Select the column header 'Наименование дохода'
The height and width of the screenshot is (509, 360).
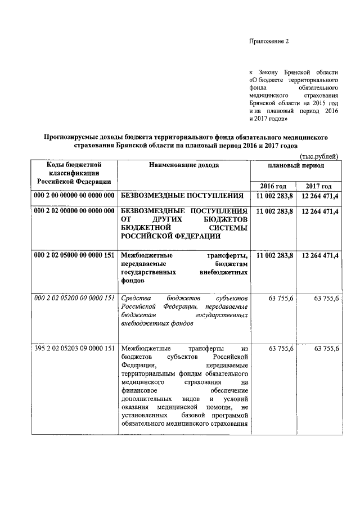coord(183,165)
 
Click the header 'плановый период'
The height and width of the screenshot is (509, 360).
coord(296,166)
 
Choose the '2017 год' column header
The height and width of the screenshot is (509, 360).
coord(319,186)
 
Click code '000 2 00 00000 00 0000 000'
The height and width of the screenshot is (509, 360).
coord(74,196)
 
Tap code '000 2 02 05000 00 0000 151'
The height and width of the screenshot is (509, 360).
coord(74,256)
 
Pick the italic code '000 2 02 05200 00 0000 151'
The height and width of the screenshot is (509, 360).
coord(74,298)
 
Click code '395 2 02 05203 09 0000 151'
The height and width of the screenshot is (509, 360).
coord(74,349)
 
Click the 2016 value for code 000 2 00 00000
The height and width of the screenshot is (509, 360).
coord(274,196)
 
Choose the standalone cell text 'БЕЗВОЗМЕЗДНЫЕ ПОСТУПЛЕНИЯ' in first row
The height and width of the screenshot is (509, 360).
coord(183,196)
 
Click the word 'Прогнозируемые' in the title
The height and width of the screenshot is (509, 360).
coord(75,137)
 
